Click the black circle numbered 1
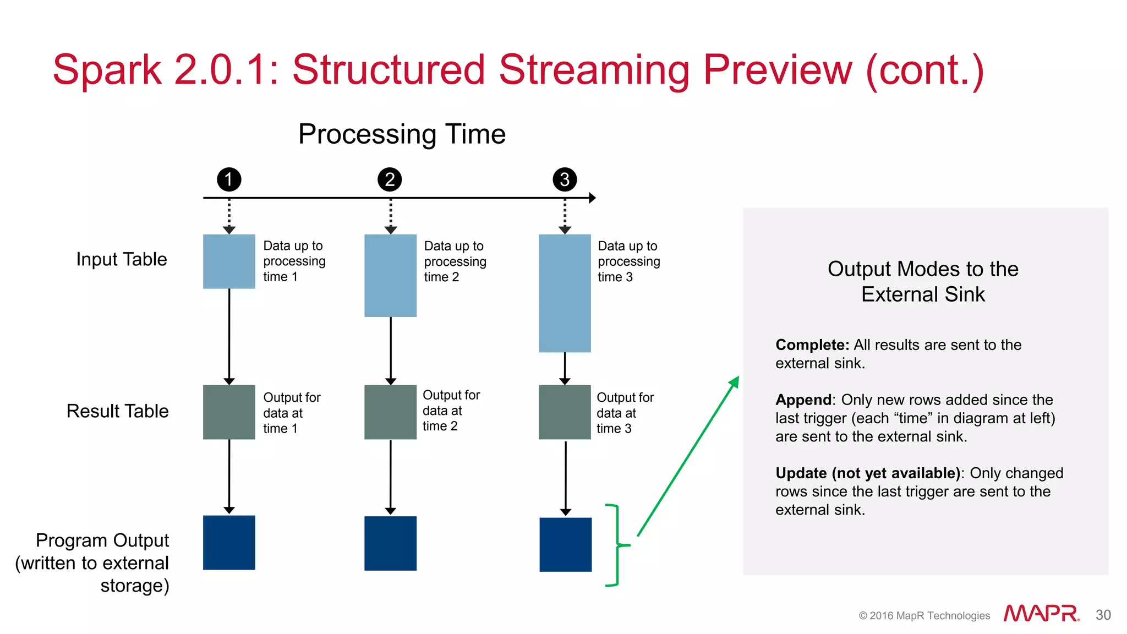click(x=229, y=179)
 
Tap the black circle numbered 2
click(x=390, y=179)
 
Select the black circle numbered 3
click(x=565, y=179)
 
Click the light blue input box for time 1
click(x=229, y=261)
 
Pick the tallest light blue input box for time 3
click(x=565, y=293)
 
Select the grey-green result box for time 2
click(x=390, y=412)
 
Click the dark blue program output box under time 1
click(x=229, y=543)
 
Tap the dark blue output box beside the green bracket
click(x=565, y=544)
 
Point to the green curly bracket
click(x=617, y=545)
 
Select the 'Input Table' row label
click(x=121, y=259)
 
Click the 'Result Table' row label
click(x=117, y=411)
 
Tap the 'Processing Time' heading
click(x=402, y=134)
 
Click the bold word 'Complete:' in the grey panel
click(x=812, y=345)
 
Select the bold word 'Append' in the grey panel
click(x=803, y=400)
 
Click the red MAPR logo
click(x=1041, y=614)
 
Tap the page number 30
click(x=1103, y=615)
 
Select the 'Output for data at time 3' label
click(x=625, y=413)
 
